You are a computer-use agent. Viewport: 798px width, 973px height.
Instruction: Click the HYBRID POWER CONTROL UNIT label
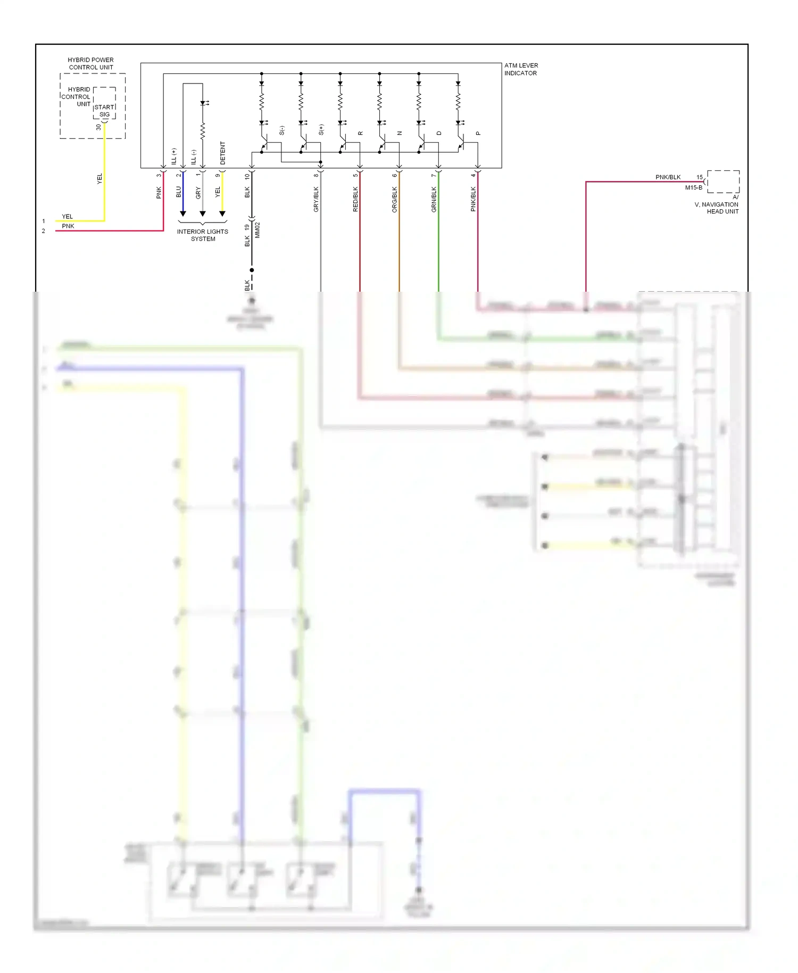(x=91, y=63)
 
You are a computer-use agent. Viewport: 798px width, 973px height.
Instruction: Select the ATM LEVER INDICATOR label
(x=521, y=69)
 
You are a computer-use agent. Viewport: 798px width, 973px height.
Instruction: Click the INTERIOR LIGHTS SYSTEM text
(x=203, y=235)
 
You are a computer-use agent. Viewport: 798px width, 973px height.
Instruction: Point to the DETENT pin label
(x=223, y=153)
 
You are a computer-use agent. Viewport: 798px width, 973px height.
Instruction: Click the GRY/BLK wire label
(x=316, y=199)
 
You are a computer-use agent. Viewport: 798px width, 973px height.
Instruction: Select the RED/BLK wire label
(x=355, y=199)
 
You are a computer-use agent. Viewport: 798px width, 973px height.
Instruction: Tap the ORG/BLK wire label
(x=395, y=199)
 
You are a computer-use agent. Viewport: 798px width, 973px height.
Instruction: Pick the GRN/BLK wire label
(x=434, y=199)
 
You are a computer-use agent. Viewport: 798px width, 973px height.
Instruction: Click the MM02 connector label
(x=257, y=230)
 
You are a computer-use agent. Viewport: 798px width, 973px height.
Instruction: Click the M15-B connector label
(x=693, y=187)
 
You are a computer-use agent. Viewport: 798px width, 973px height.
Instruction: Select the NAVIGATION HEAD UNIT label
(x=717, y=208)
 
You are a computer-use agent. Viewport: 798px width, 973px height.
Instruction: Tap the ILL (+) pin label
(x=174, y=155)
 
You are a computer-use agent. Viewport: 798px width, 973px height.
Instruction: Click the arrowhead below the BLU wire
(x=183, y=214)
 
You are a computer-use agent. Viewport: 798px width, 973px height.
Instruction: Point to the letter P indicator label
(x=478, y=133)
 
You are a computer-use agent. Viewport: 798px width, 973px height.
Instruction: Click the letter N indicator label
(x=400, y=133)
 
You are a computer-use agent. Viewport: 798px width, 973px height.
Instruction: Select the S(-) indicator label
(x=282, y=130)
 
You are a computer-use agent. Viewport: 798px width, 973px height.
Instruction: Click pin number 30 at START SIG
(x=98, y=127)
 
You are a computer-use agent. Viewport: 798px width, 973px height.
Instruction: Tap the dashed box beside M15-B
(x=723, y=182)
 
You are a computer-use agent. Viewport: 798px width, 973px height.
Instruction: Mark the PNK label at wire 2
(x=68, y=226)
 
